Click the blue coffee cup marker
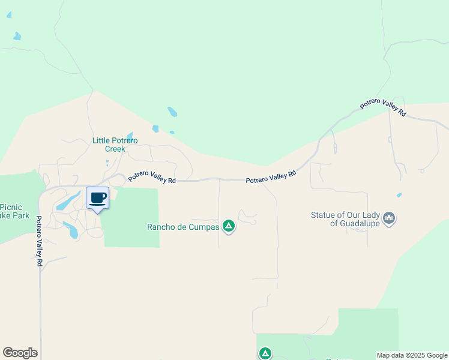click(x=98, y=199)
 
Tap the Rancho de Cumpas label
click(x=183, y=227)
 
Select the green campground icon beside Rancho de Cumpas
click(x=228, y=226)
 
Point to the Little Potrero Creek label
click(x=115, y=145)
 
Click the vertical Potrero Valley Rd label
click(x=40, y=241)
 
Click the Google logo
click(x=20, y=353)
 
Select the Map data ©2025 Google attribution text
click(x=412, y=355)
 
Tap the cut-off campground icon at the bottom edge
click(x=265, y=354)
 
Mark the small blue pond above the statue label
click(x=399, y=195)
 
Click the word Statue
click(x=323, y=215)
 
